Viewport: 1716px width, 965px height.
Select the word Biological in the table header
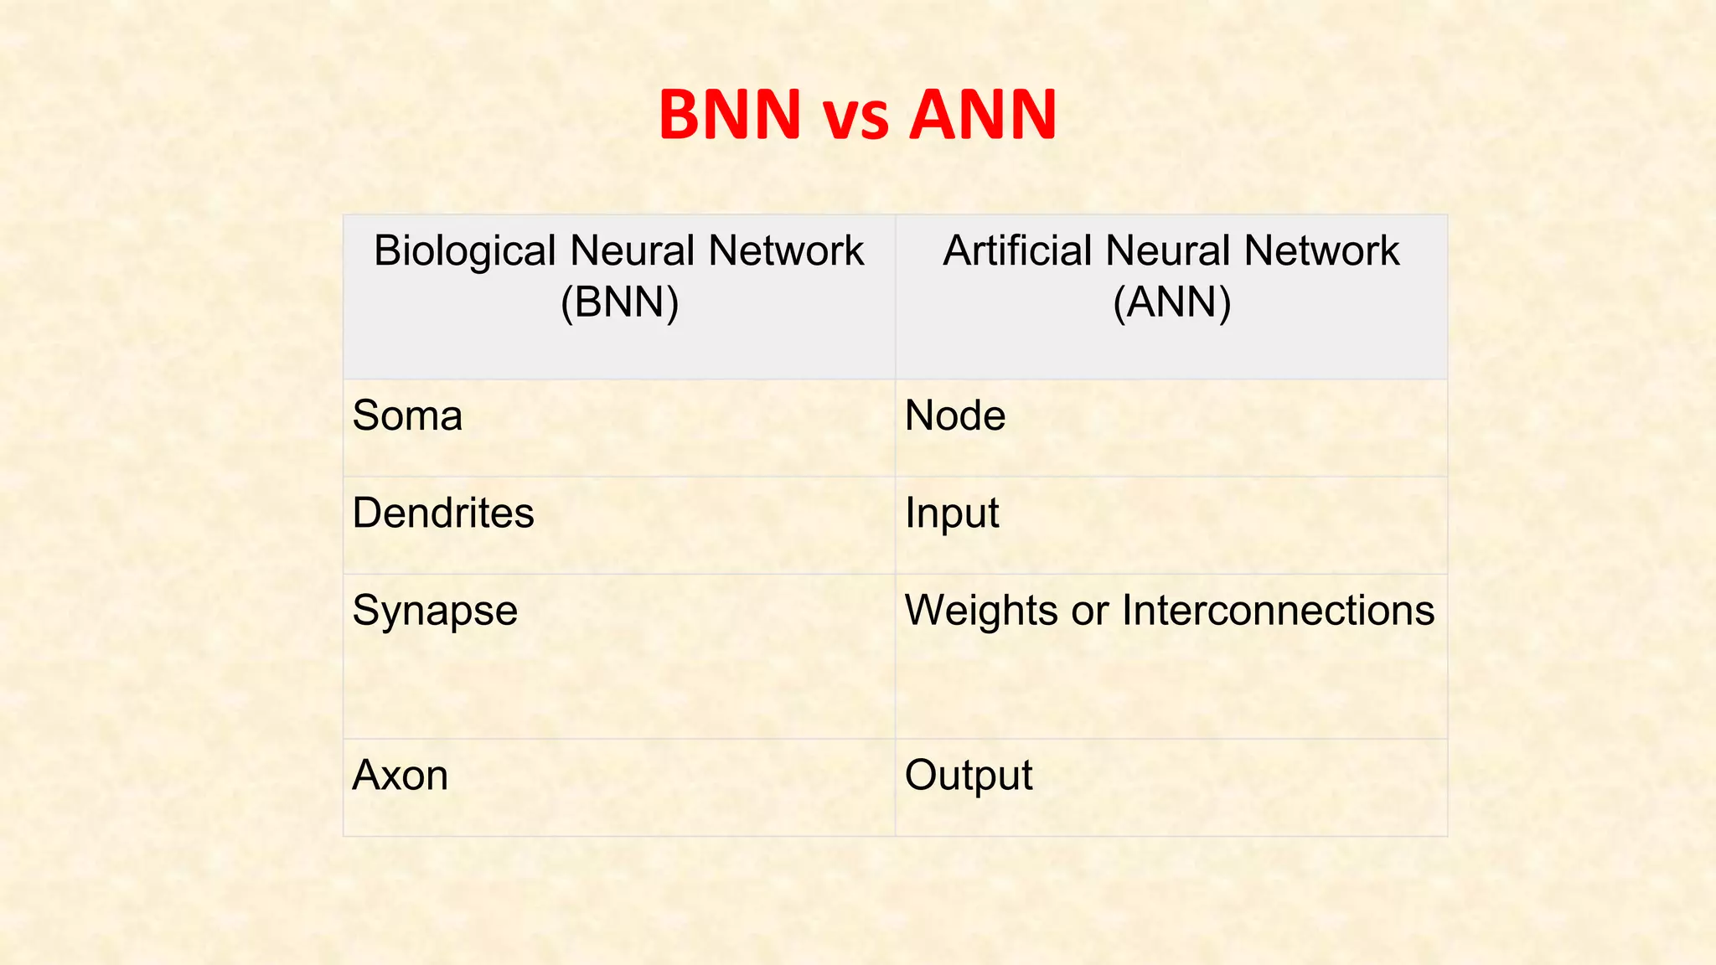pyautogui.click(x=465, y=251)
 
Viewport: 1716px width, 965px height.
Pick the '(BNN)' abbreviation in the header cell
pyautogui.click(x=619, y=302)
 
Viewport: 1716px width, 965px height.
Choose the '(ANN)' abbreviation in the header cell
pyautogui.click(x=1171, y=302)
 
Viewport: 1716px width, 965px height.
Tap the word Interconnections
pyautogui.click(x=1278, y=610)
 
